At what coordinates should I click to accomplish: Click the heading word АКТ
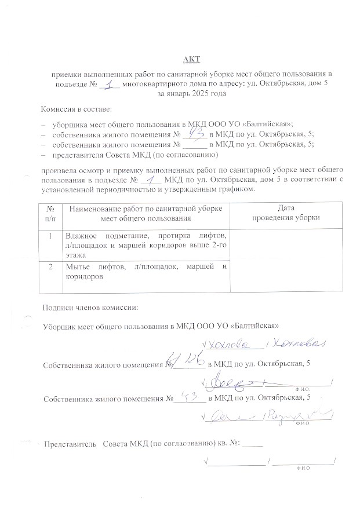point(191,60)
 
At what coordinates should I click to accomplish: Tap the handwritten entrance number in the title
point(108,84)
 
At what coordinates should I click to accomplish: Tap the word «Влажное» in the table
point(81,236)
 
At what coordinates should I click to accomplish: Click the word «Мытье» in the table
point(78,266)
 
